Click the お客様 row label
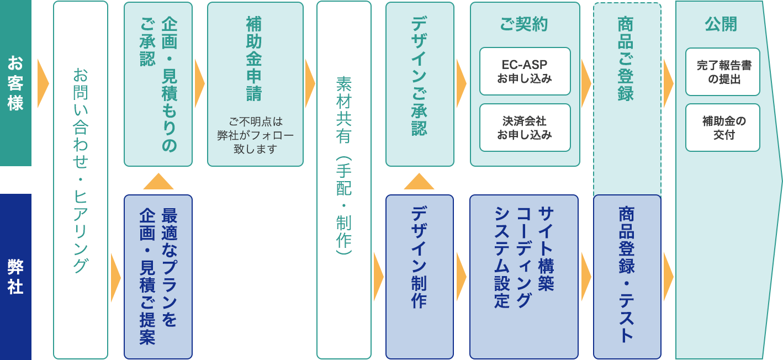click(15, 83)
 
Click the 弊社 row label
click(15, 277)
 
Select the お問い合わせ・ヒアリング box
click(81, 180)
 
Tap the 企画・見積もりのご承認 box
click(158, 84)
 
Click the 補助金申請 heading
click(254, 59)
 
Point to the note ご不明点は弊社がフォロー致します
click(255, 135)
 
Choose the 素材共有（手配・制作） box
click(344, 180)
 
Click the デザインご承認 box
click(420, 84)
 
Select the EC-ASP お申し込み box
click(525, 71)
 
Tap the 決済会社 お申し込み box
click(525, 128)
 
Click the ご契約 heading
click(524, 24)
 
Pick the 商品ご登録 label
click(626, 59)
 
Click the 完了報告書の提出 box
click(723, 72)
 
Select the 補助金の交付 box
click(723, 128)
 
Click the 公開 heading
click(721, 24)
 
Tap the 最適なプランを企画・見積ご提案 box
click(158, 277)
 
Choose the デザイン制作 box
click(420, 277)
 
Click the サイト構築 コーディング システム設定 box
click(524, 277)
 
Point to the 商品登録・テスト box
click(627, 277)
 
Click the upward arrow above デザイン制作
click(419, 182)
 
